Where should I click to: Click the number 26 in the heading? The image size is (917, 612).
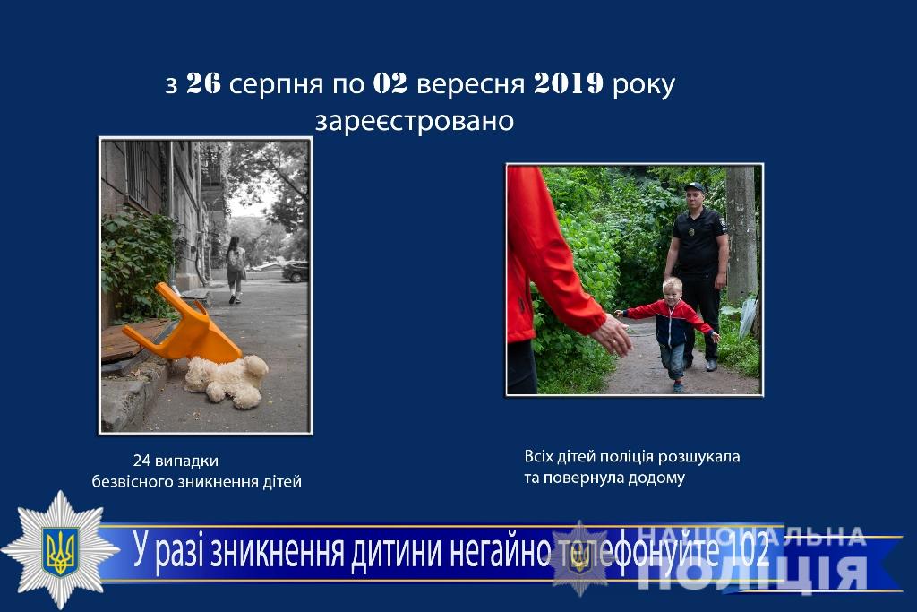(x=203, y=83)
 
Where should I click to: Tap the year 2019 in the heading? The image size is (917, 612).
(x=568, y=83)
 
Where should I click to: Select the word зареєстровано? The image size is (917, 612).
(x=415, y=121)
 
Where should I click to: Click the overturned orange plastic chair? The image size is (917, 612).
(x=183, y=324)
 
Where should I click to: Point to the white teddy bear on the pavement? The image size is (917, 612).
(x=227, y=381)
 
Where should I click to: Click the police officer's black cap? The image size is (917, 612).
(x=695, y=187)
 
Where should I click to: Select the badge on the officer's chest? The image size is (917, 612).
(x=692, y=232)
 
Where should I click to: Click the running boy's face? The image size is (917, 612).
(x=673, y=290)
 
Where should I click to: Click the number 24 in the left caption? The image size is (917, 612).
(x=142, y=461)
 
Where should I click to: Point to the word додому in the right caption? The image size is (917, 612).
(x=656, y=478)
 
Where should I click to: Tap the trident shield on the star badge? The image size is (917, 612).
(x=59, y=550)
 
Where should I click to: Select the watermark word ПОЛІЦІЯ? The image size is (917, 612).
(x=751, y=573)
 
